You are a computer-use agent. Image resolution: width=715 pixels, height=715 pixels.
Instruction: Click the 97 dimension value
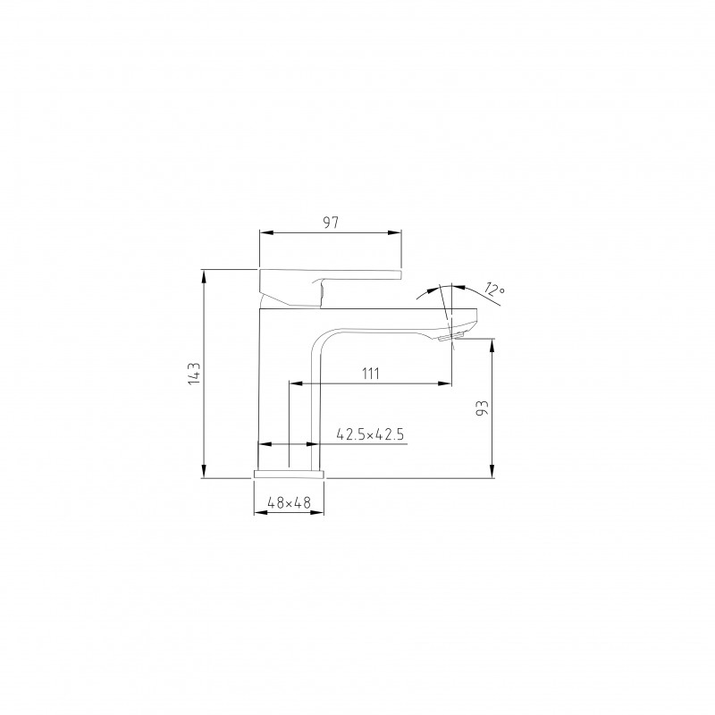pyautogui.click(x=331, y=223)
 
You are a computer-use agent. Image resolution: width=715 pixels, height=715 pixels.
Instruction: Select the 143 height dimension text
pyautogui.click(x=194, y=374)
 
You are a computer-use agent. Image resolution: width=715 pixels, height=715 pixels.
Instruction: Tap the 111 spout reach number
pyautogui.click(x=371, y=374)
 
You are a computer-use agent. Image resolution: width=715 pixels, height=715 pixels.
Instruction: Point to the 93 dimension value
pyautogui.click(x=483, y=408)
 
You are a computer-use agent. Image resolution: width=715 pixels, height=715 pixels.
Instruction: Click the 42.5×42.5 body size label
pyautogui.click(x=370, y=434)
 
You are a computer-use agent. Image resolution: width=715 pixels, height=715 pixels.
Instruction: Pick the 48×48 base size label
pyautogui.click(x=289, y=502)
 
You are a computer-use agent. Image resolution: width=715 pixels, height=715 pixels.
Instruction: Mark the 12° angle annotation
pyautogui.click(x=494, y=290)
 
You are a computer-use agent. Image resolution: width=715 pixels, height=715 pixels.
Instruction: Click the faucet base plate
pyautogui.click(x=289, y=475)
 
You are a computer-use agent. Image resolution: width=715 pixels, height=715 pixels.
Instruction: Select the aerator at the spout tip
pyautogui.click(x=450, y=337)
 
